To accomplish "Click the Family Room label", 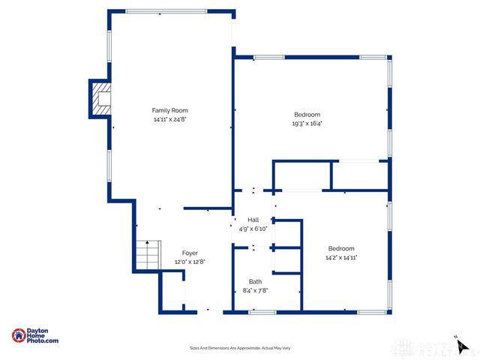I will pyautogui.click(x=170, y=110).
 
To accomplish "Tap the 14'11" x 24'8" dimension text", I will pyautogui.click(x=170, y=119).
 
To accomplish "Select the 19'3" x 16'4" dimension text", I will pyautogui.click(x=307, y=124).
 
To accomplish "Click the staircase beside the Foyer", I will pyautogui.click(x=148, y=256).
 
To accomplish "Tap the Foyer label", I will pyautogui.click(x=190, y=253).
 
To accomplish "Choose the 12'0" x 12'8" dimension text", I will pyautogui.click(x=190, y=262).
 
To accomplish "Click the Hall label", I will pyautogui.click(x=253, y=220).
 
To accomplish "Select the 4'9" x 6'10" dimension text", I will pyautogui.click(x=253, y=228).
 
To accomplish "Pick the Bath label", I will pyautogui.click(x=255, y=282).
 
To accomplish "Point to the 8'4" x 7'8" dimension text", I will pyautogui.click(x=255, y=290).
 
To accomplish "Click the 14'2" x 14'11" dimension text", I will pyautogui.click(x=340, y=257).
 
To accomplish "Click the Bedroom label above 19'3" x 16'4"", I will pyautogui.click(x=307, y=115).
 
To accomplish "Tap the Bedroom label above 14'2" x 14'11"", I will pyautogui.click(x=340, y=248).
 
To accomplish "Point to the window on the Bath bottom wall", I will pyautogui.click(x=262, y=310).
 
